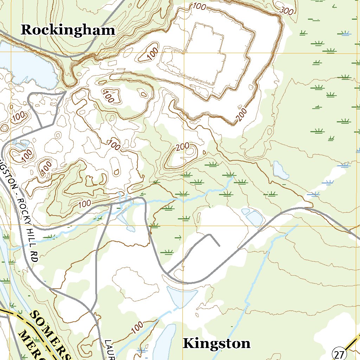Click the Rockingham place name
[68, 30]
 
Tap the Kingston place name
[217, 343]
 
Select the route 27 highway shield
[339, 353]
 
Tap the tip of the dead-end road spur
[219, 246]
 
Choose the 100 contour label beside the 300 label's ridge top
[199, 6]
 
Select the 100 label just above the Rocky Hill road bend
[84, 204]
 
